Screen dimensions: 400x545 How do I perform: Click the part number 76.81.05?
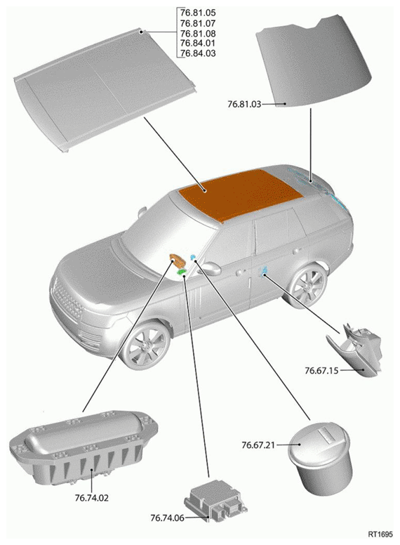point(198,13)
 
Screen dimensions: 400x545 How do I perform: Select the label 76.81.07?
point(198,23)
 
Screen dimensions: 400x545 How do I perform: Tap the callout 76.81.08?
point(198,34)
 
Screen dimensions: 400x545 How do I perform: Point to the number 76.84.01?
point(198,43)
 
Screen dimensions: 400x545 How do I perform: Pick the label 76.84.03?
point(198,53)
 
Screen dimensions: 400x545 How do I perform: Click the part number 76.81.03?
point(244,104)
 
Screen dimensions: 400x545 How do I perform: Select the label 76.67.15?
point(321,371)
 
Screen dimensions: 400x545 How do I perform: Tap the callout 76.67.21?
point(258,445)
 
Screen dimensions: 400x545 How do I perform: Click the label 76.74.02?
point(92,498)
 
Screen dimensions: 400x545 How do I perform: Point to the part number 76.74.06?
point(167,518)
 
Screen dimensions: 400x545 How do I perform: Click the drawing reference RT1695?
point(380,534)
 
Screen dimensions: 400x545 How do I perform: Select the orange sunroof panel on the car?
point(240,195)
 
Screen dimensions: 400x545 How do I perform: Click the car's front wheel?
point(146,345)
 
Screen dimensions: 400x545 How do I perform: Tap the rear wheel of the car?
point(307,286)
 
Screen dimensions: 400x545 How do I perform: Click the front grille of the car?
point(68,300)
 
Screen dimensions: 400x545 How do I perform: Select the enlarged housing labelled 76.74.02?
point(84,448)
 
